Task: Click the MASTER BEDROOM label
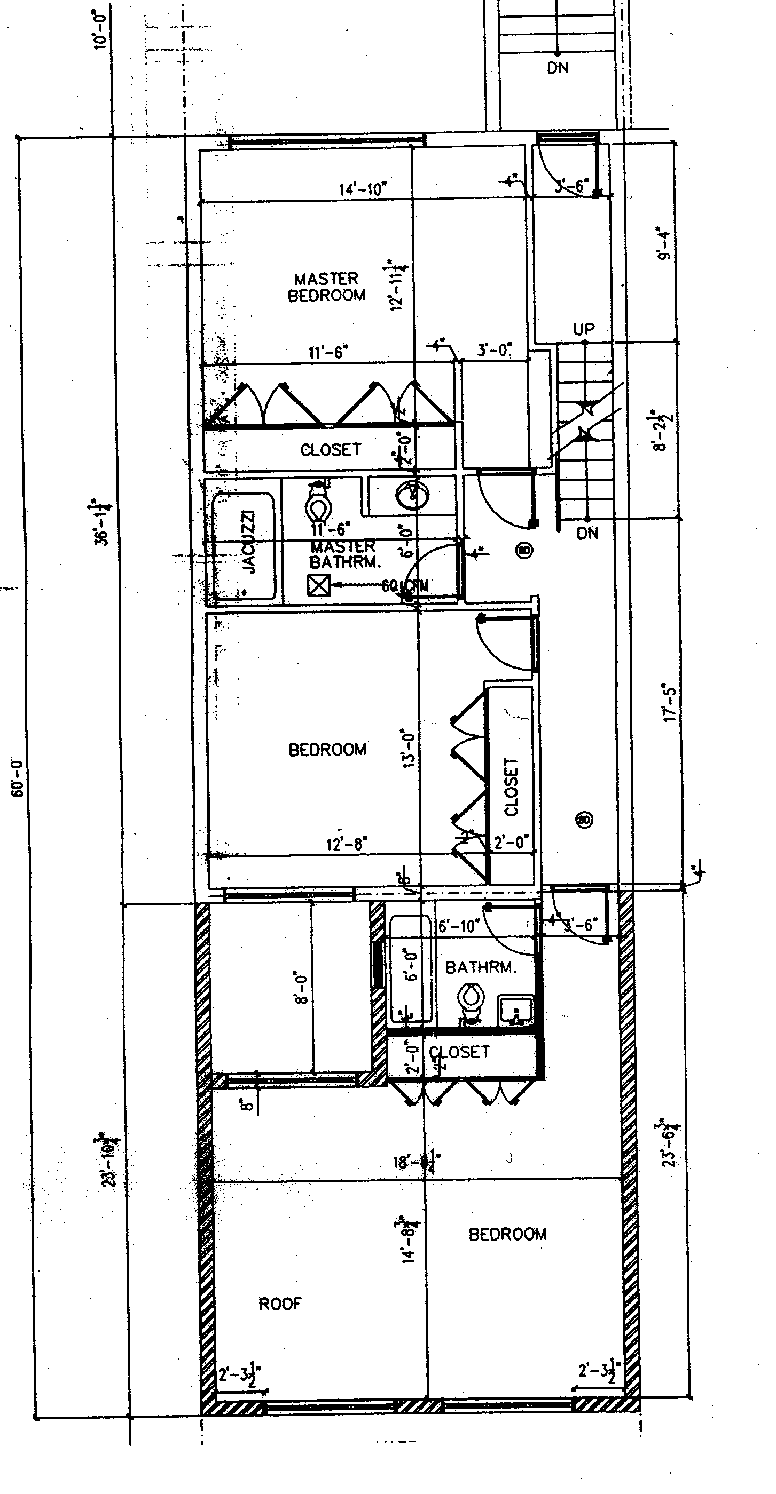coord(326,287)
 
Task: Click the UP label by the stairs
coord(584,329)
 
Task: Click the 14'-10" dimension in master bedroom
coord(363,189)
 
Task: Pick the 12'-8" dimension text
coord(347,844)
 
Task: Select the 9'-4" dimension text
coord(664,244)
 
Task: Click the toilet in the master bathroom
coord(318,503)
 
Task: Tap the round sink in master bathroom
coord(413,495)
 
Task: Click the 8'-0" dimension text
coord(301,988)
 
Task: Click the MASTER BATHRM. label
coord(345,554)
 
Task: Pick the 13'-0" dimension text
coord(409,749)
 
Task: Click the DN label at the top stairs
coord(558,68)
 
